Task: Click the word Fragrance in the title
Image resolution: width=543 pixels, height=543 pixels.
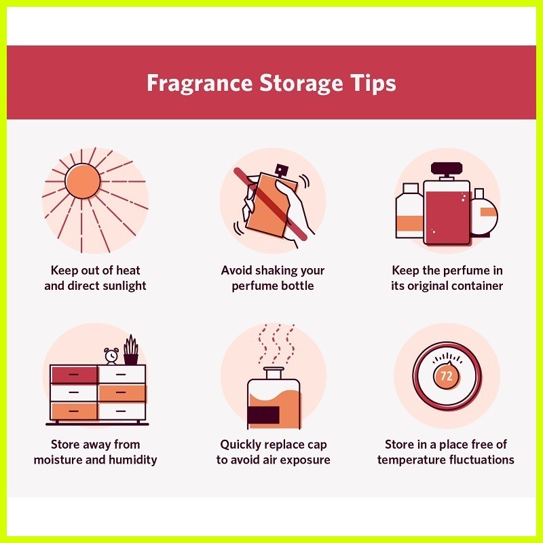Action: (x=200, y=83)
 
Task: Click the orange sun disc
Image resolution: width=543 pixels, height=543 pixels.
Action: (x=82, y=181)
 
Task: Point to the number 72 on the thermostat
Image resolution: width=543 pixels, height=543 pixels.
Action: (x=447, y=376)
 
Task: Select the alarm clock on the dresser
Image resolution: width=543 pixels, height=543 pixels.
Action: (x=111, y=356)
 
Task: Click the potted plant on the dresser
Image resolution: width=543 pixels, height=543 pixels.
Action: (x=131, y=350)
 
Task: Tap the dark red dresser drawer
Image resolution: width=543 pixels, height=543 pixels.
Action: (x=74, y=375)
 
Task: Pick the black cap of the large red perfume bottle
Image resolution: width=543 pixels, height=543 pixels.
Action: (x=447, y=168)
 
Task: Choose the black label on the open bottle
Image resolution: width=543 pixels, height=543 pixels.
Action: (x=263, y=415)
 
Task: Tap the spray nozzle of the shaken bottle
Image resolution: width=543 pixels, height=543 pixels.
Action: (x=281, y=170)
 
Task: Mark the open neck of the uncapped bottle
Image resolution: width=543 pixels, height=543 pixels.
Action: (x=274, y=373)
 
